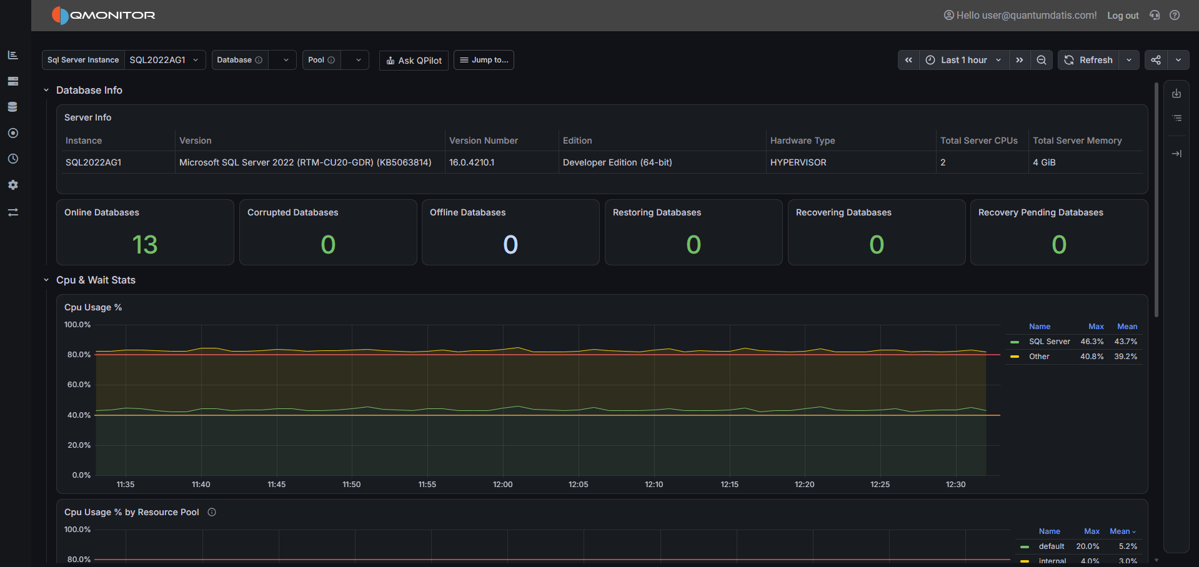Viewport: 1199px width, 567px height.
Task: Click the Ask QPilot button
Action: pyautogui.click(x=414, y=61)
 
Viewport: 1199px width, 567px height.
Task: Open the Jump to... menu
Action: pyautogui.click(x=484, y=60)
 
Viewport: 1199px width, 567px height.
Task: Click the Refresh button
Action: pyautogui.click(x=1088, y=60)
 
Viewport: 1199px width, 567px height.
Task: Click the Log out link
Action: pyautogui.click(x=1123, y=16)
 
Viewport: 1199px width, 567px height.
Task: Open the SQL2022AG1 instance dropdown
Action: pyautogui.click(x=164, y=60)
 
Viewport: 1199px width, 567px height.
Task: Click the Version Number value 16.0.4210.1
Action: pyautogui.click(x=472, y=162)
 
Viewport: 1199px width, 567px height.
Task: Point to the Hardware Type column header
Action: pyautogui.click(x=802, y=141)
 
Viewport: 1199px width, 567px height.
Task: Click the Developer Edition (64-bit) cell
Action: pyautogui.click(x=617, y=162)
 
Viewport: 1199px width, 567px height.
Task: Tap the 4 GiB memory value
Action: pyautogui.click(x=1044, y=162)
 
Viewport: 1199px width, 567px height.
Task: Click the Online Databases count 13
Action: pyautogui.click(x=145, y=244)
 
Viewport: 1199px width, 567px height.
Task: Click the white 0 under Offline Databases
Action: pyautogui.click(x=510, y=244)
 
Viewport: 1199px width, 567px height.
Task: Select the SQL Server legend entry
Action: pyautogui.click(x=1049, y=342)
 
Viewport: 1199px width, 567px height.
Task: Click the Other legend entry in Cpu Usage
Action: pyautogui.click(x=1039, y=357)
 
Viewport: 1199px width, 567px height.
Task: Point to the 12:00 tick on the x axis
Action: pyautogui.click(x=503, y=485)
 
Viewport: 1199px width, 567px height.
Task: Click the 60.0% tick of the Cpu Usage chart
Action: pyautogui.click(x=79, y=385)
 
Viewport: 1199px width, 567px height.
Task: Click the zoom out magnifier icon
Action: pyautogui.click(x=1042, y=60)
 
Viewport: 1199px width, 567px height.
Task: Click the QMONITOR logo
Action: pyautogui.click(x=104, y=16)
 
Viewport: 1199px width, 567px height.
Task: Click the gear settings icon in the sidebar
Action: pyautogui.click(x=13, y=185)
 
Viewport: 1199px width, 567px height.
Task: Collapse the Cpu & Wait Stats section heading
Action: pyautogui.click(x=96, y=280)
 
